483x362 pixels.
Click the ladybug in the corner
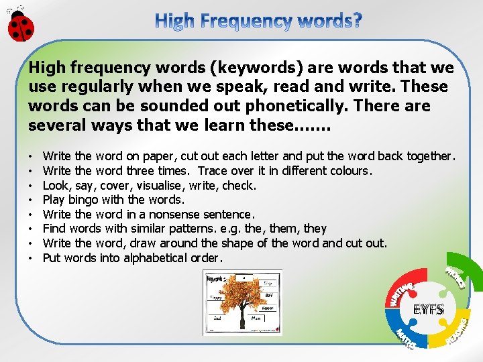(20, 24)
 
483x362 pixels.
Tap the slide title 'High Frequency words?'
(259, 21)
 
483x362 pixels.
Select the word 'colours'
(350, 171)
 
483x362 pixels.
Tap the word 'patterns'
(189, 229)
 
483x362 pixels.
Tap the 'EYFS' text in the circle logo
(427, 310)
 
